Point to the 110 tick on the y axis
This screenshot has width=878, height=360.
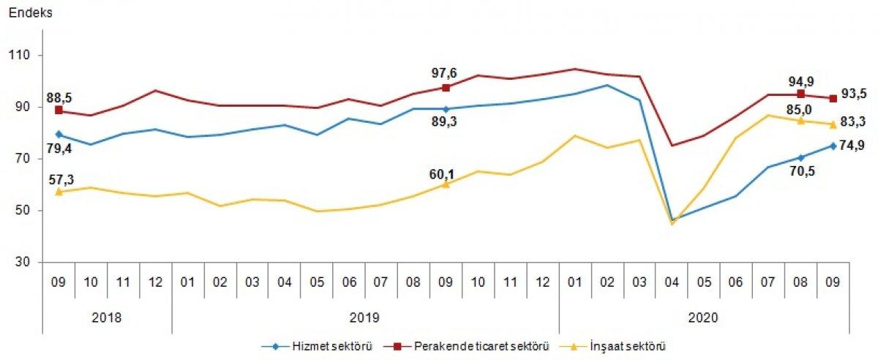[x=23, y=56]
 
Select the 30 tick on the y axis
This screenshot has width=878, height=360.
[x=26, y=263]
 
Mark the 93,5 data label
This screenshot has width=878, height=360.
[x=853, y=93]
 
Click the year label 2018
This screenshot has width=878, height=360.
[x=107, y=318]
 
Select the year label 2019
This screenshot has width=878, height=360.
[x=366, y=318]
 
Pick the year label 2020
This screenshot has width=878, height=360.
[x=704, y=318]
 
